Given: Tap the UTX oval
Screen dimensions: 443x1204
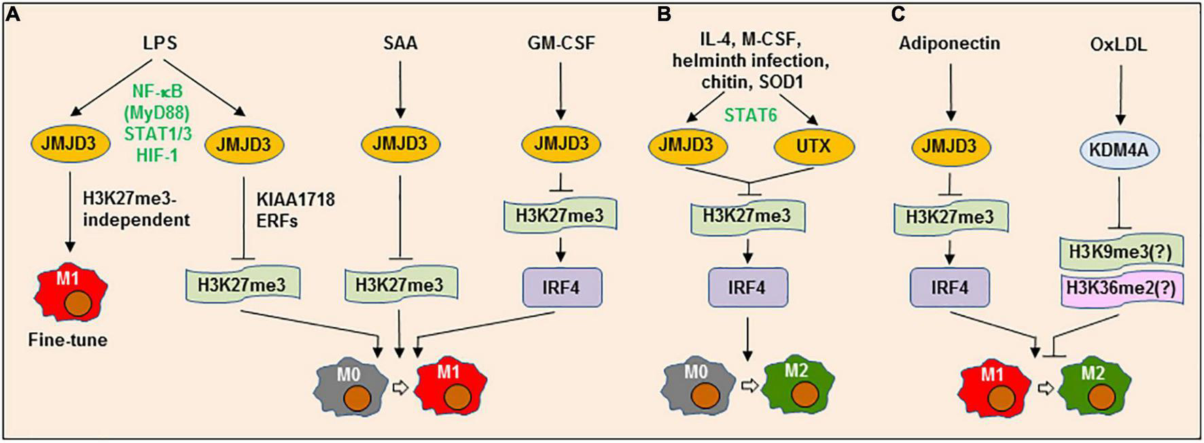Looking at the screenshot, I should click(x=813, y=145).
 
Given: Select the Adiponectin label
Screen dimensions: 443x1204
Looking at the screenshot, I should click(x=949, y=43).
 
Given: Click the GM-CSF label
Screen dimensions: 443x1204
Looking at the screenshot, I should click(x=560, y=43).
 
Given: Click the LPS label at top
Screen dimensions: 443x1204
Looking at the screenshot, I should click(x=160, y=43).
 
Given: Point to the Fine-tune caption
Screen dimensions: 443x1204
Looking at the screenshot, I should click(x=68, y=340).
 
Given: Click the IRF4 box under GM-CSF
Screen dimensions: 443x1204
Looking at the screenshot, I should click(x=561, y=287).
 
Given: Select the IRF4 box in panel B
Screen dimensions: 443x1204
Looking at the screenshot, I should click(x=747, y=287).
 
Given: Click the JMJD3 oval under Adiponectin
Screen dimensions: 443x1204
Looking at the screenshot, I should click(x=950, y=145).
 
